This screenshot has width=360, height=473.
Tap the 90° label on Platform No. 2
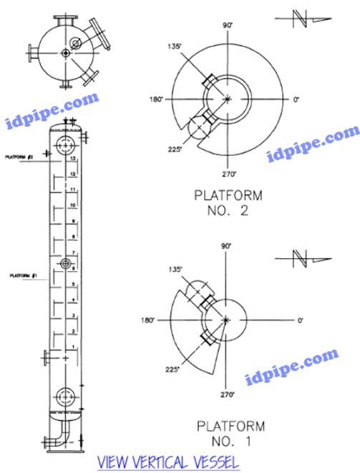tap(228, 25)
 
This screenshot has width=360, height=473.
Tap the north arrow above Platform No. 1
tap(303, 256)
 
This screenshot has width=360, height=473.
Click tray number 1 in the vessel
tap(72, 347)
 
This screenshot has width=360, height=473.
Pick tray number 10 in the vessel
tap(72, 205)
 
